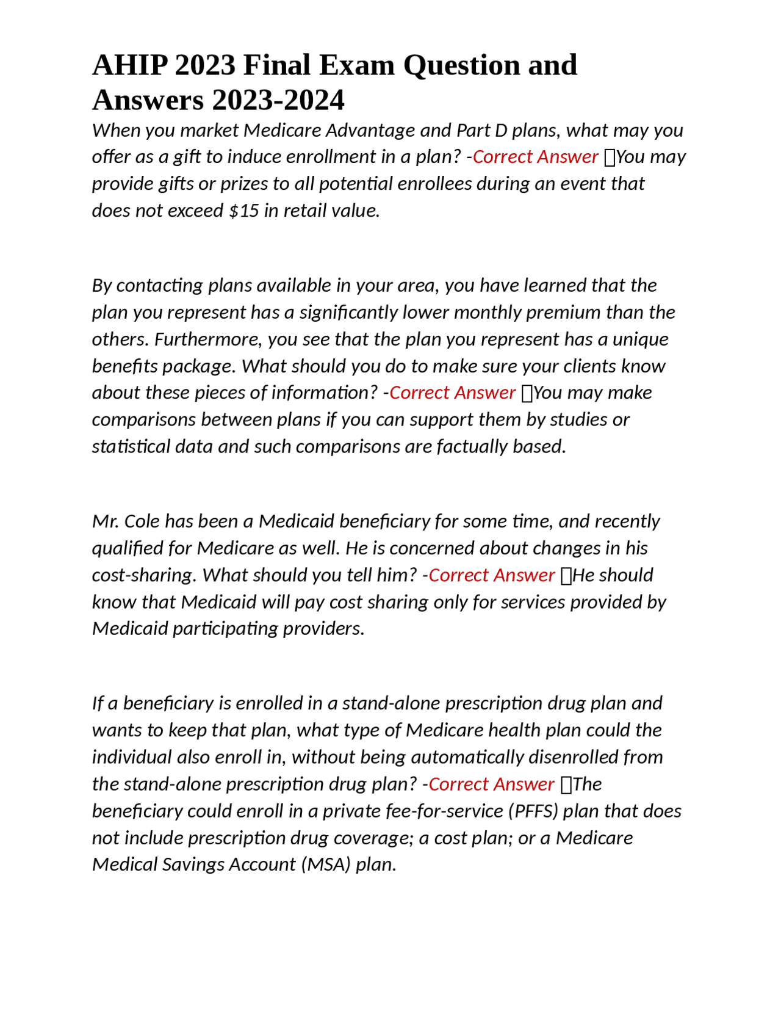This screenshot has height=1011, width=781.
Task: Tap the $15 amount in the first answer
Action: click(243, 211)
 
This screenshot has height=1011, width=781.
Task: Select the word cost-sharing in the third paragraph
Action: click(144, 575)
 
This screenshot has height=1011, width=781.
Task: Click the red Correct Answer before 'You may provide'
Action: click(534, 157)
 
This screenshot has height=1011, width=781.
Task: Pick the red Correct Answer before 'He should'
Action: click(491, 575)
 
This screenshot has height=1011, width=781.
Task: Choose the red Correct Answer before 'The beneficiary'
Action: click(491, 784)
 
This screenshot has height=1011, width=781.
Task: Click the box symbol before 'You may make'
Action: click(527, 393)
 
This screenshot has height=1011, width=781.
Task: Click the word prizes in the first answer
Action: click(243, 184)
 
